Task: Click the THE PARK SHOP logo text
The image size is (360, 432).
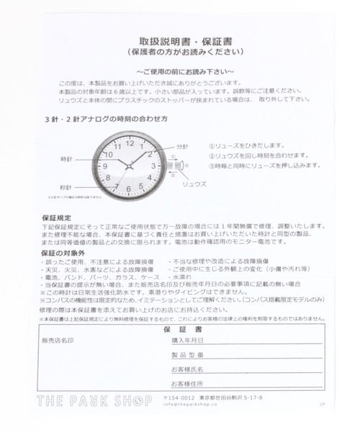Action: click(94, 400)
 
